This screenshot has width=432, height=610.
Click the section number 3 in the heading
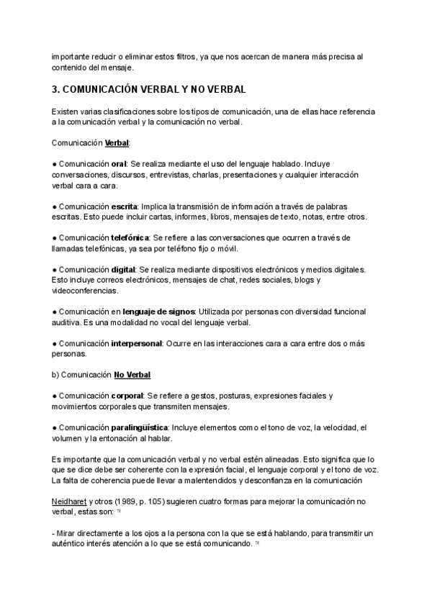tap(55, 90)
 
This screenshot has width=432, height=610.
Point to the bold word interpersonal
tap(136, 343)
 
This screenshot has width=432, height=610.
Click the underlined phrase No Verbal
tap(132, 375)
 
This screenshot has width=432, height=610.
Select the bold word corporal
tap(127, 396)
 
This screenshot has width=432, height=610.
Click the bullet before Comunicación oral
tap(54, 163)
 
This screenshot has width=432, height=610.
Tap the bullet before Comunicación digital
tap(54, 269)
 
